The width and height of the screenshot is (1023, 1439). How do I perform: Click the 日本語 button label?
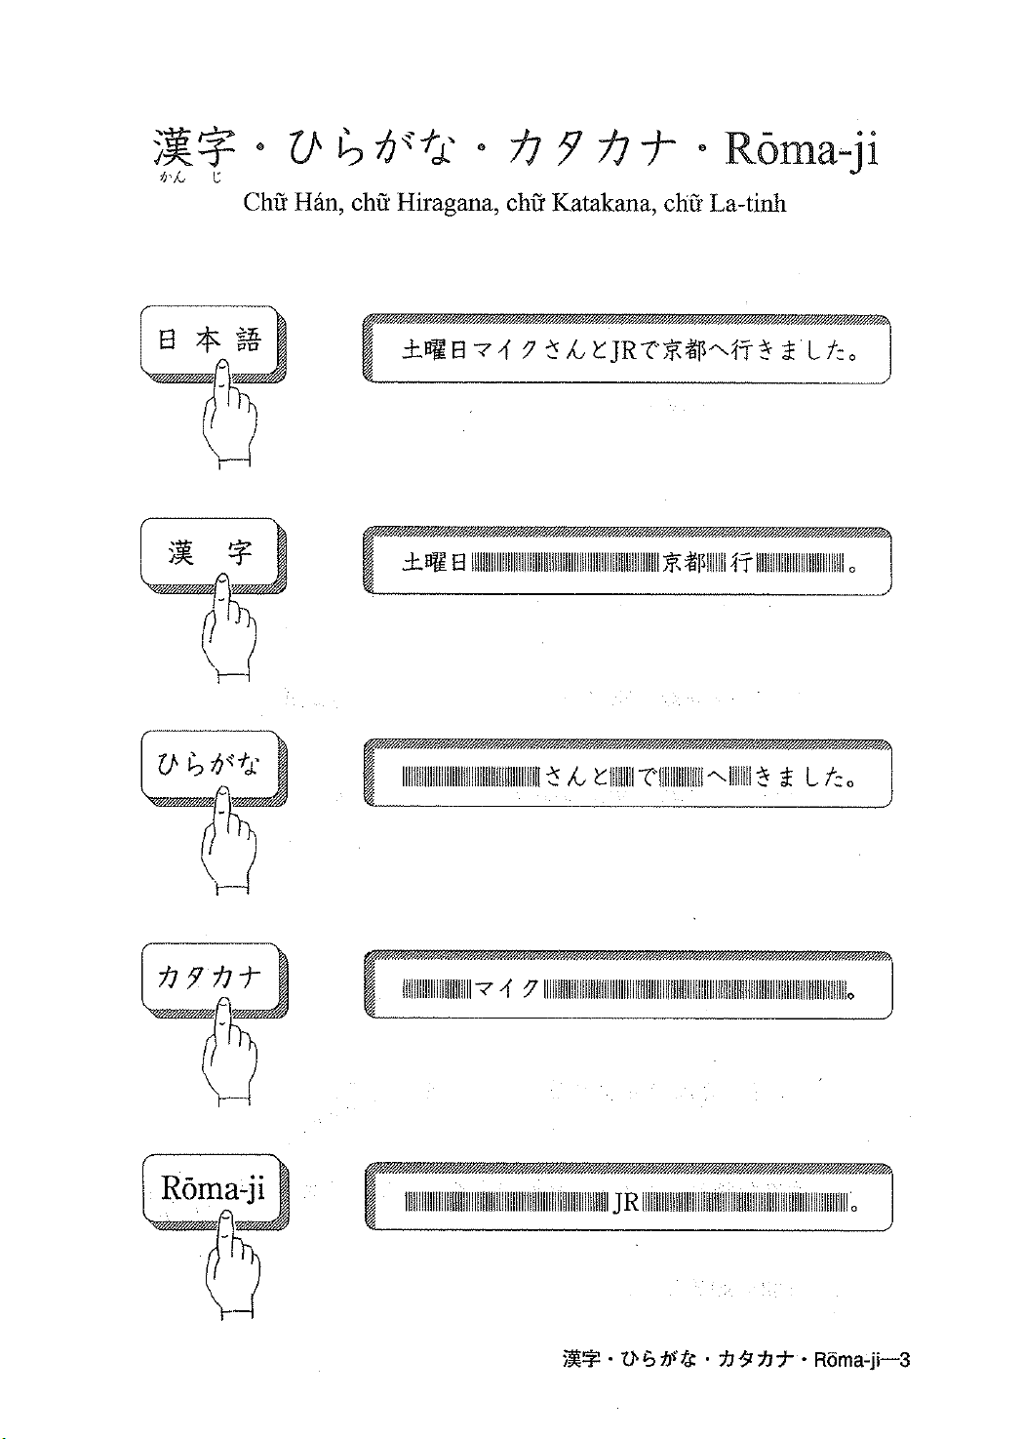209,340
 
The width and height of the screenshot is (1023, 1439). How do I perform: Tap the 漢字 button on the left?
209,553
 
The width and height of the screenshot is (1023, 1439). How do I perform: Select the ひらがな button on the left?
209,765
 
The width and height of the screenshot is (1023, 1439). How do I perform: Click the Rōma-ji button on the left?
213,1187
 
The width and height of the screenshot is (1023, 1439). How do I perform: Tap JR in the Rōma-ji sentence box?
625,1203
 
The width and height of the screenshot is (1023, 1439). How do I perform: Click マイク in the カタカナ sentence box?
507,990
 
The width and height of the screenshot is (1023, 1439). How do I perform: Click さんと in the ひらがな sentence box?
575,777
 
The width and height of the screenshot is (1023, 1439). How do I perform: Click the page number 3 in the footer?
904,1359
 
